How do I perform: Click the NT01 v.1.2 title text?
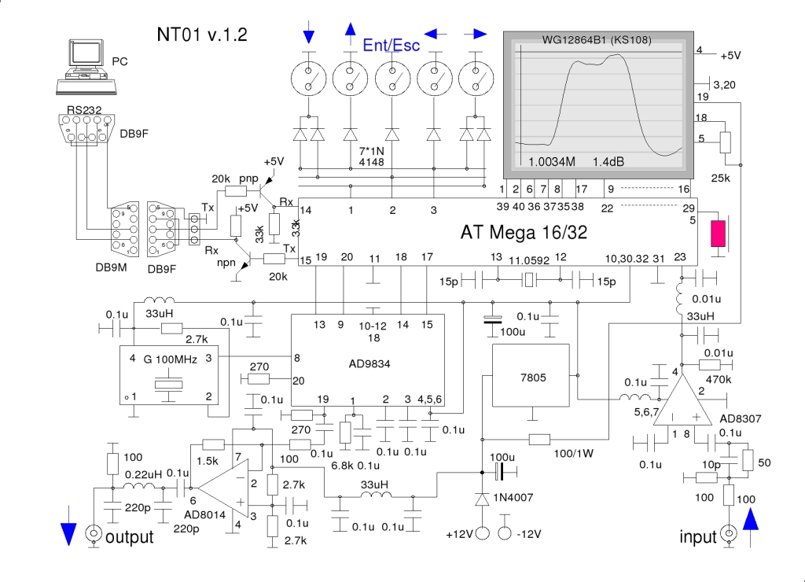click(202, 35)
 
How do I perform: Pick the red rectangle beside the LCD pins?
click(718, 234)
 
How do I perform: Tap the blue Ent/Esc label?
click(391, 46)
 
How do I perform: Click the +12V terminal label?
click(461, 536)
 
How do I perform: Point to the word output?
click(129, 537)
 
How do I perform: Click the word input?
click(698, 537)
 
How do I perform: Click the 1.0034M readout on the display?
click(552, 161)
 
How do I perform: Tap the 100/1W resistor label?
click(575, 454)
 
